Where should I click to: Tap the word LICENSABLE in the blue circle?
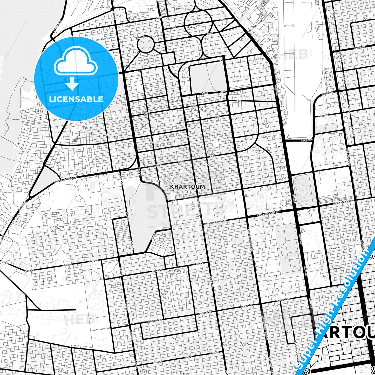click(76, 99)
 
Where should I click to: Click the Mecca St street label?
click(323, 115)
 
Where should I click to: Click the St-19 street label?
click(259, 96)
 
